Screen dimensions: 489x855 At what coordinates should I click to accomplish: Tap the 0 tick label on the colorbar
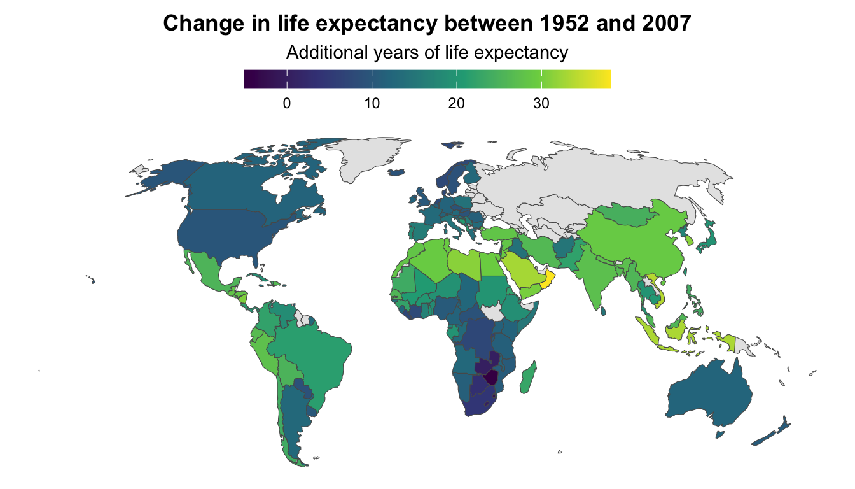(x=287, y=104)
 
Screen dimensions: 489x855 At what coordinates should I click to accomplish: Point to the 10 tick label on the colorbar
(x=372, y=104)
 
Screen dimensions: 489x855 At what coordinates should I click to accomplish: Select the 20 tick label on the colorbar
(x=456, y=104)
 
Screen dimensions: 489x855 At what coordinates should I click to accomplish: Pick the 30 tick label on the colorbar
(x=541, y=104)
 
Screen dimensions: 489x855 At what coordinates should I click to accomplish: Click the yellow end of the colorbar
(x=606, y=79)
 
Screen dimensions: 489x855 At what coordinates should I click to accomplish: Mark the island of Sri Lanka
(x=602, y=310)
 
